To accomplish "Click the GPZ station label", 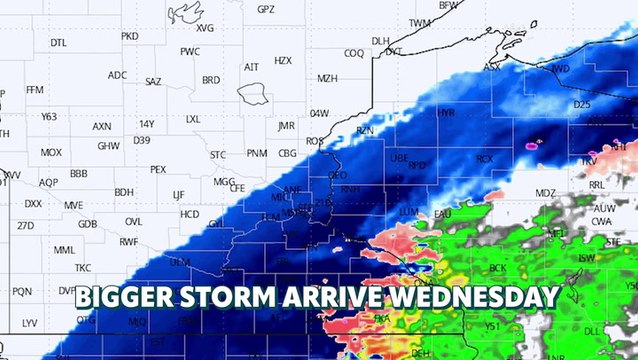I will point(265,9).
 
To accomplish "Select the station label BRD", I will point(211,80).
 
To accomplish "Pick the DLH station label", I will point(380,41).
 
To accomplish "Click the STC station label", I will point(218,155).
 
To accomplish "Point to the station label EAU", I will point(443,214).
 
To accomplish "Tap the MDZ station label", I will point(545,193).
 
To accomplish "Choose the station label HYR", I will point(446,113).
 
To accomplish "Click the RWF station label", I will point(129,242).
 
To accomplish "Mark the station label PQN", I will point(22,291).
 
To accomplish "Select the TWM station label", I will point(420,22).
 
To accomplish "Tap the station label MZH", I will point(327,78).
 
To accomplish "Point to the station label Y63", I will point(49,117).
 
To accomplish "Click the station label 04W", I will point(319,113).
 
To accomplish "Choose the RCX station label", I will point(485,158).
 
